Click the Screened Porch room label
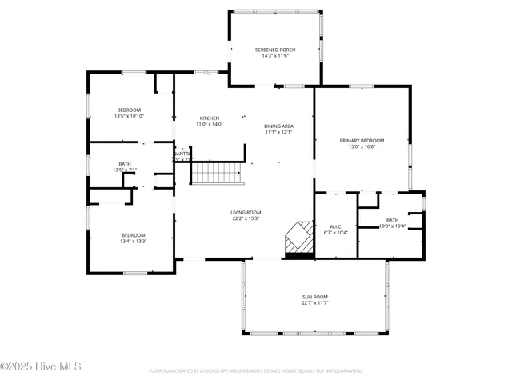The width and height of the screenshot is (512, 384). point(274,50)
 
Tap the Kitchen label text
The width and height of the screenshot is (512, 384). point(209,118)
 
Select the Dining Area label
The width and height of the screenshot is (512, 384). point(278,126)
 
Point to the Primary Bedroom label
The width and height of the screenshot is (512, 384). point(362,140)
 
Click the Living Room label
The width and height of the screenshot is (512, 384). point(246,212)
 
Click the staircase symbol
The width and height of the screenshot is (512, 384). point(216,172)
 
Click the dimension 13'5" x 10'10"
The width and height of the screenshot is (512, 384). point(129,116)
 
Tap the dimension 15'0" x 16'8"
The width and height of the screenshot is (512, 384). point(362,146)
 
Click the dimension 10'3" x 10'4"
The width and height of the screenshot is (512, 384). point(392,226)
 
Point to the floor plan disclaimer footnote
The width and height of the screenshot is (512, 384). point(255,371)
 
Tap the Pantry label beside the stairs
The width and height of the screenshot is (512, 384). point(182,154)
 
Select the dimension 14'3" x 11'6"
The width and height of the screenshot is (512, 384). point(274,56)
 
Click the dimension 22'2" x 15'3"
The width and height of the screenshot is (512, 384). point(246,218)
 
